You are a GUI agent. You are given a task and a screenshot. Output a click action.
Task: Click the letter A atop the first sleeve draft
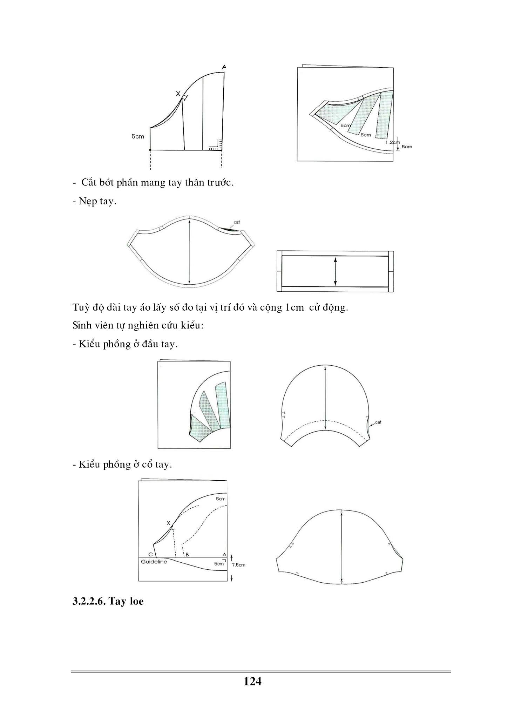(224, 67)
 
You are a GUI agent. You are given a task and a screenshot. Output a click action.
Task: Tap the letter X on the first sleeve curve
(178, 94)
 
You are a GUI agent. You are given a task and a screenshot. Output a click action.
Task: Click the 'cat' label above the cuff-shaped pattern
(237, 222)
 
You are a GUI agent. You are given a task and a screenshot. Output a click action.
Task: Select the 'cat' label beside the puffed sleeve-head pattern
(378, 422)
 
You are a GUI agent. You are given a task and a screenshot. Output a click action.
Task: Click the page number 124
(252, 681)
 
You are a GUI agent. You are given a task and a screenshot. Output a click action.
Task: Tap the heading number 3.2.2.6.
(89, 602)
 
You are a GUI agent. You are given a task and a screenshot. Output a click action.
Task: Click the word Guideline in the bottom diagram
(154, 562)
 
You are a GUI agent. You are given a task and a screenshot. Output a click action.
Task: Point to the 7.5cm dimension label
(239, 565)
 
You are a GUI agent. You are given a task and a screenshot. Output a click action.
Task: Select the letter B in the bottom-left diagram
(187, 555)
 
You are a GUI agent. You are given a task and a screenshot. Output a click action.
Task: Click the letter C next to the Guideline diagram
(150, 555)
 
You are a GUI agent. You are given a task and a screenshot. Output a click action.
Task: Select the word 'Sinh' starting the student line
(81, 325)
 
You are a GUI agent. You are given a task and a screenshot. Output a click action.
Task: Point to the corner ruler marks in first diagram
(214, 145)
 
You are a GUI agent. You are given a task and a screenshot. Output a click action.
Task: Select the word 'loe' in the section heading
(136, 602)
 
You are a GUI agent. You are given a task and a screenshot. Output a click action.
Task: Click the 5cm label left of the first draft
(138, 136)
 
